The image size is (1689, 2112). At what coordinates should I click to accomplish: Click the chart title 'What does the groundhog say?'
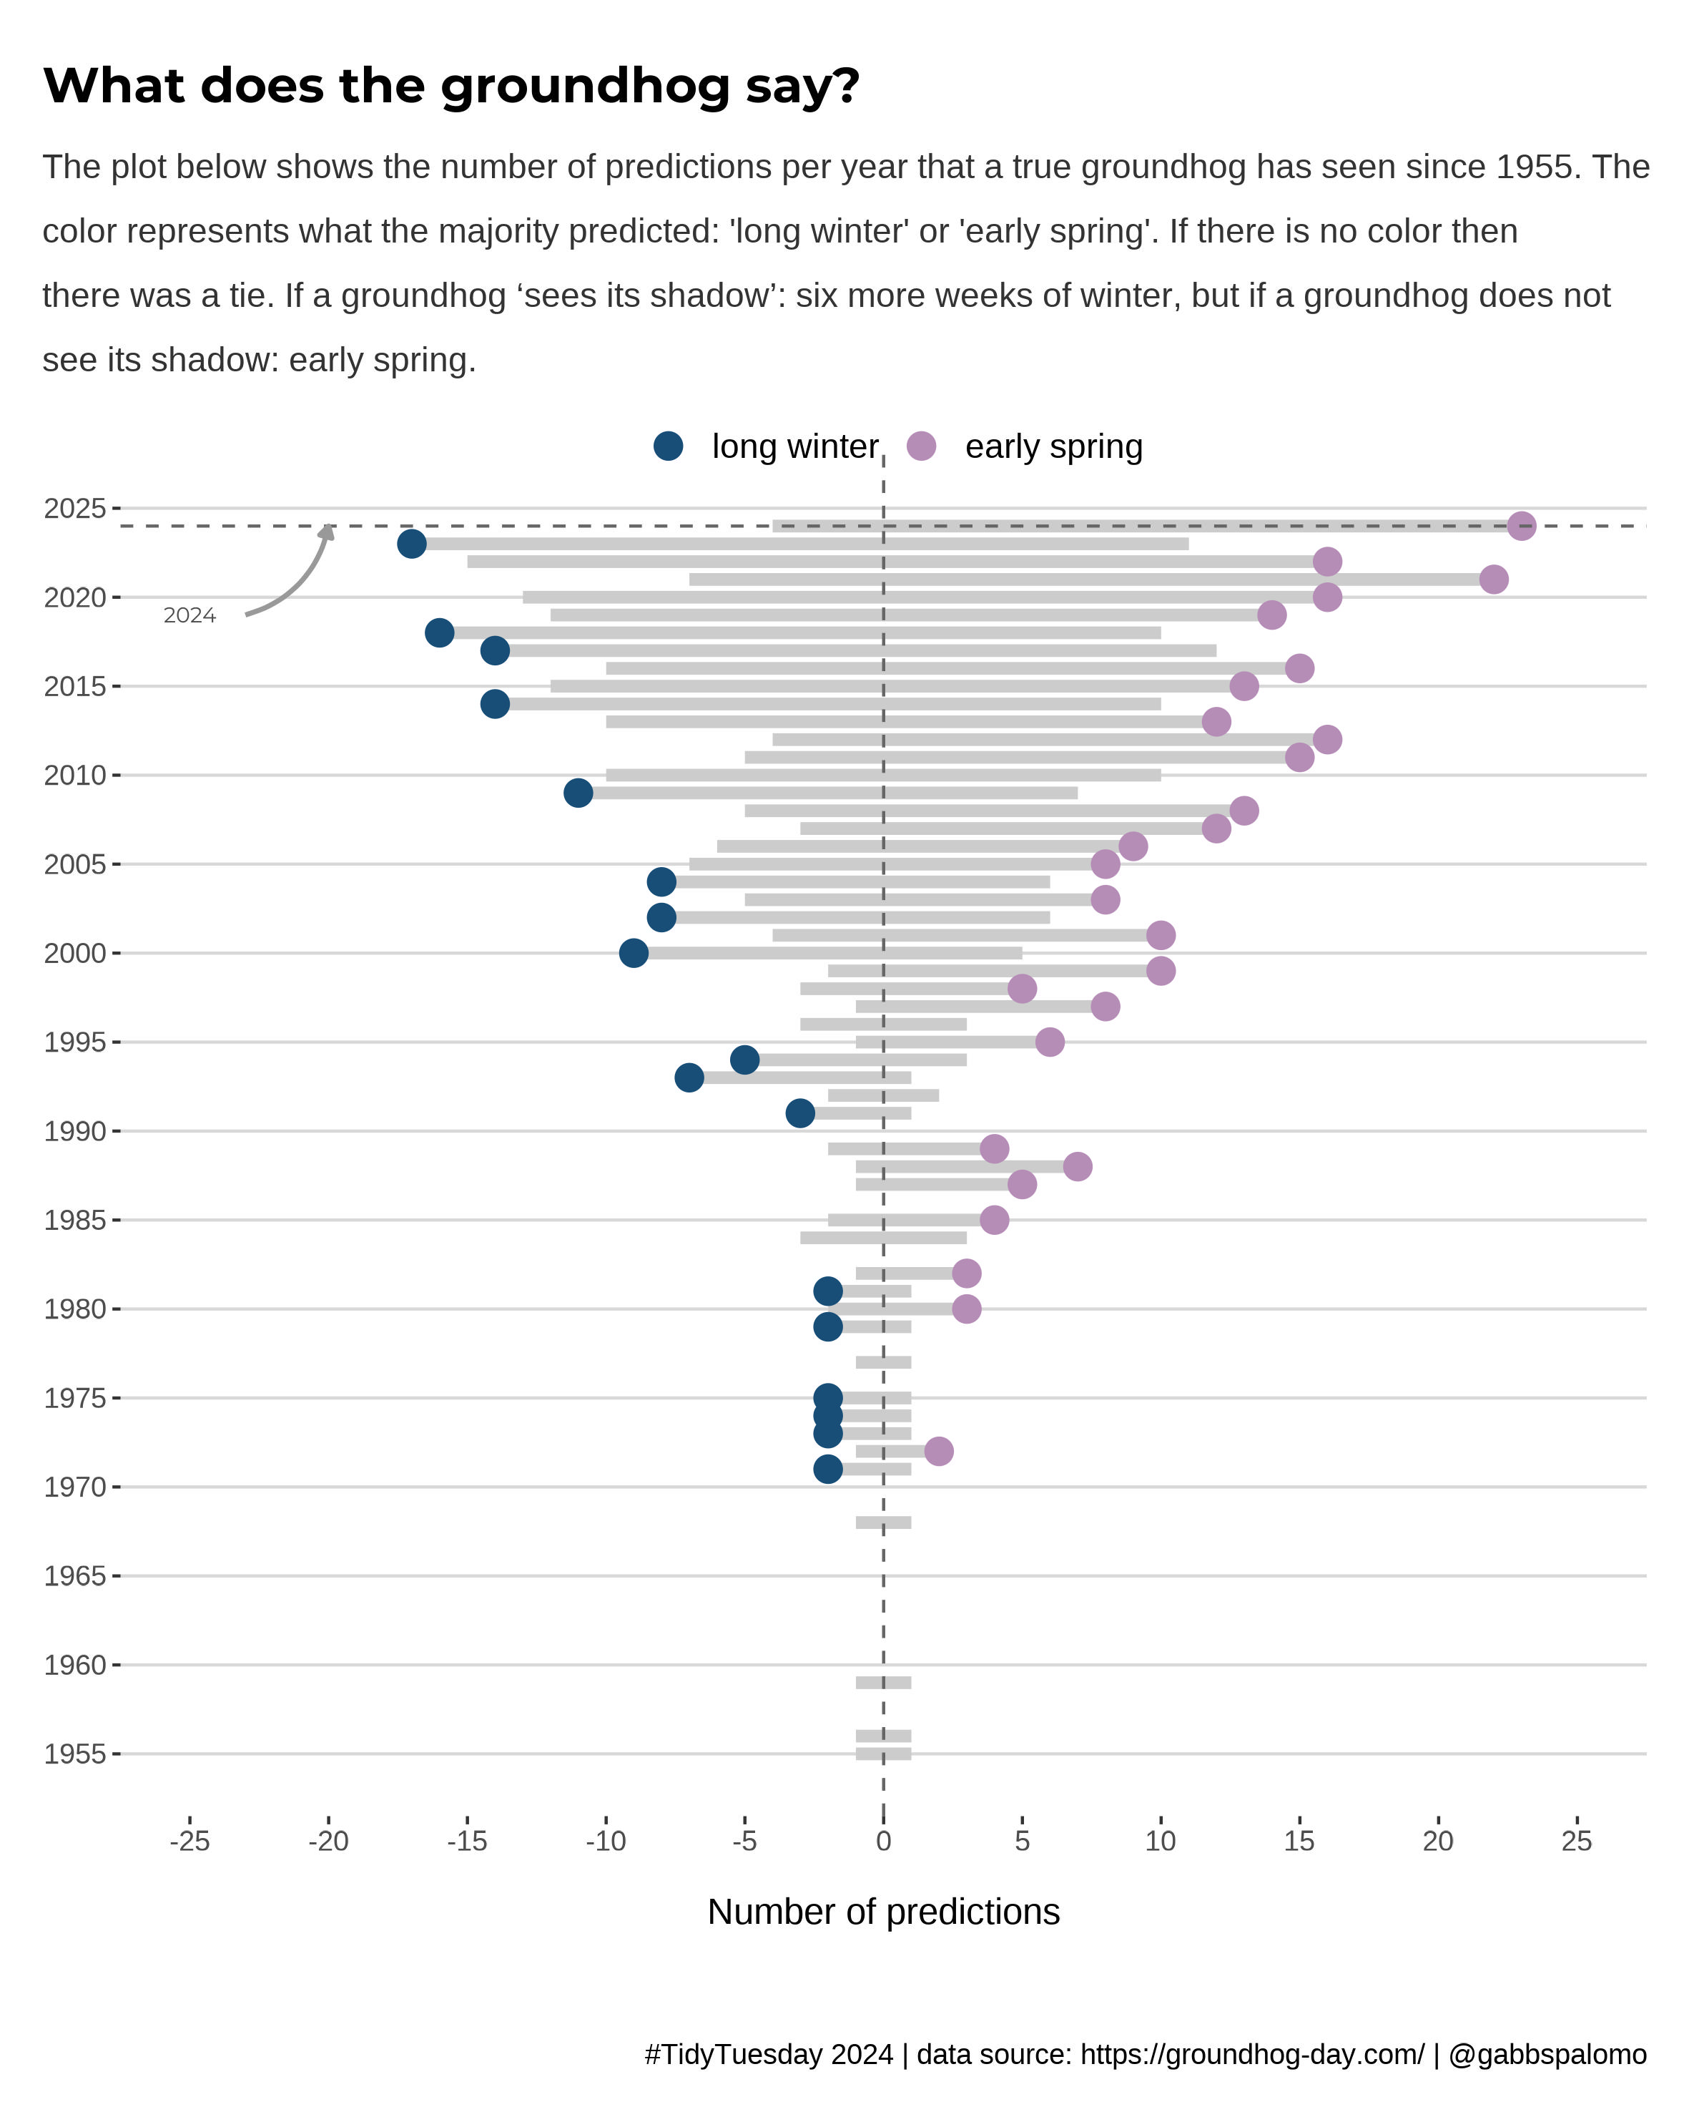tap(451, 86)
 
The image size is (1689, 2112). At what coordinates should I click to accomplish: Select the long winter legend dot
tap(668, 446)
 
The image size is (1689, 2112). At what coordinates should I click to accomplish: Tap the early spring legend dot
tap(921, 446)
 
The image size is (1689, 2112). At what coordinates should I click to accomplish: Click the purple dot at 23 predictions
tap(1520, 526)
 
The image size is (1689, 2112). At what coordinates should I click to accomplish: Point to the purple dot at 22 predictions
tap(1493, 579)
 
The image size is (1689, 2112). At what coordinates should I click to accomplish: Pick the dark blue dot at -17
tap(412, 544)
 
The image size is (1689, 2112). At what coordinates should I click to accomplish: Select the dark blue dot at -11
tap(578, 793)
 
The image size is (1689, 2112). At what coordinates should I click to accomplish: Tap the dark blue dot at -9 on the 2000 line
tap(634, 952)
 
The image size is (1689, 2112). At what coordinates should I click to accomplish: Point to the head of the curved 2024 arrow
tap(329, 531)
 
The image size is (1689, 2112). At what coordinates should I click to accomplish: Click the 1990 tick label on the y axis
tap(74, 1131)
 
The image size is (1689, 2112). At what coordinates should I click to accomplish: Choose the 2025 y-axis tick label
tap(74, 509)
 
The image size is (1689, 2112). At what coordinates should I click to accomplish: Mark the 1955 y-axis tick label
tap(74, 1754)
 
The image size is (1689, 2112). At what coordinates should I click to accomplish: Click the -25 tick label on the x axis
tap(190, 1842)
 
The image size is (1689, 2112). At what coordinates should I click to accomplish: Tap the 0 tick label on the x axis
tap(883, 1842)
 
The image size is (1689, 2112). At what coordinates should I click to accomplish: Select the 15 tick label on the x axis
tap(1299, 1842)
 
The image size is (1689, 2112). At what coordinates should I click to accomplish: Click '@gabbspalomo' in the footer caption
tap(1547, 2054)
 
